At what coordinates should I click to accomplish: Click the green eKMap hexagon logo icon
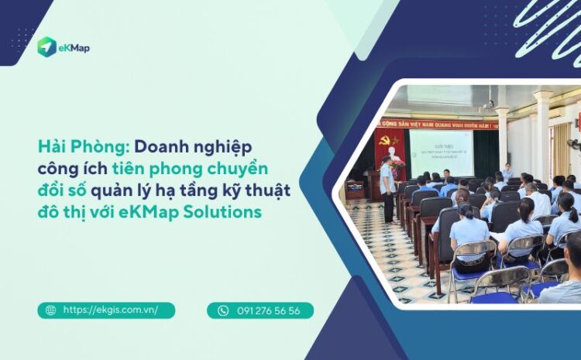46,46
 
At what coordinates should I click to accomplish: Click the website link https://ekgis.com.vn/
110,310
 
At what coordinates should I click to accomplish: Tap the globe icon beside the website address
50,310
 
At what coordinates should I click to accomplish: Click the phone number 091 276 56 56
268,310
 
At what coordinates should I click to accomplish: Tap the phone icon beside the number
223,310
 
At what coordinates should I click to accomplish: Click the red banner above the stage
435,123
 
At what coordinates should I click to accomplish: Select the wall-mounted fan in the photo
574,145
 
